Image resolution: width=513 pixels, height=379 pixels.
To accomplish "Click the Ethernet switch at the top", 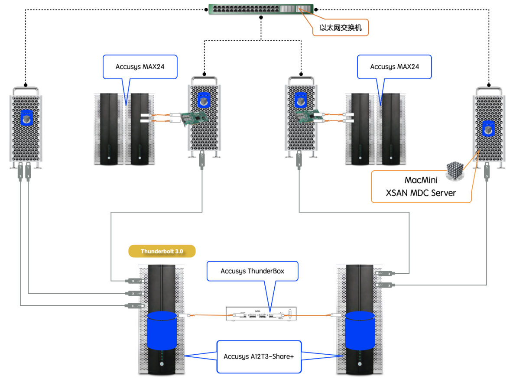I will (x=261, y=10).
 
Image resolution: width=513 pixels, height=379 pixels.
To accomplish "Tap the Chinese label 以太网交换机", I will (x=341, y=28).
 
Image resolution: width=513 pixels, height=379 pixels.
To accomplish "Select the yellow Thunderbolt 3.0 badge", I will (x=162, y=251).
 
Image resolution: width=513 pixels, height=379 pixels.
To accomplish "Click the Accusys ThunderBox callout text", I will (x=253, y=271).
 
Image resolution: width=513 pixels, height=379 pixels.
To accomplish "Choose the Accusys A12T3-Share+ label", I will (x=259, y=356).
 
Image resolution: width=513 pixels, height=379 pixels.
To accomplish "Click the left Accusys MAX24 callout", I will (x=140, y=67).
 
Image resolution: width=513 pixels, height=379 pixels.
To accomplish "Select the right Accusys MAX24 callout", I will (x=394, y=67).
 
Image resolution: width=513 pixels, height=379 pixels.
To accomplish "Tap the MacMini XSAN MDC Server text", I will (x=421, y=186).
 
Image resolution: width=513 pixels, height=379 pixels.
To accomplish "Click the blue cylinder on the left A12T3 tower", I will (x=162, y=330).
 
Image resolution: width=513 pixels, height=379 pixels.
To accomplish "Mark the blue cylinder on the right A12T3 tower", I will (x=360, y=330).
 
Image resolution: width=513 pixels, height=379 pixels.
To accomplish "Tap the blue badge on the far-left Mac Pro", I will (x=27, y=118).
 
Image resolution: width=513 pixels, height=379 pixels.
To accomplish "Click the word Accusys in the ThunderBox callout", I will (x=233, y=271).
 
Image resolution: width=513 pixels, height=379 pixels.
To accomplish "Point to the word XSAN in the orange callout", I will (x=396, y=193).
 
